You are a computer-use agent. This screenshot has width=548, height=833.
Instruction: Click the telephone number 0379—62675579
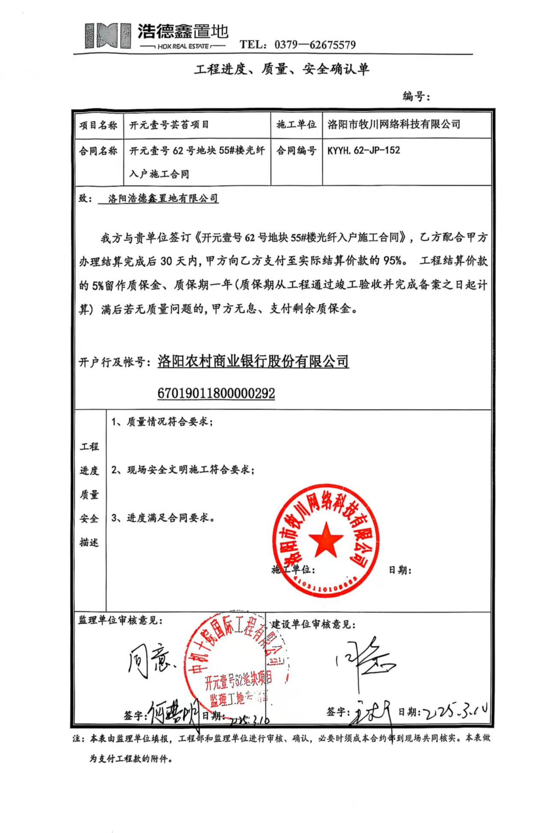(x=315, y=45)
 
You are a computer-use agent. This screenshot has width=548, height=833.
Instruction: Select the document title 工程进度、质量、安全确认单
(x=281, y=69)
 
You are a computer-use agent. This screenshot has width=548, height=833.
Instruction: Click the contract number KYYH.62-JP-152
(x=363, y=150)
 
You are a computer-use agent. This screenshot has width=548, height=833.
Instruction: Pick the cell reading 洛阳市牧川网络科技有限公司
(x=393, y=125)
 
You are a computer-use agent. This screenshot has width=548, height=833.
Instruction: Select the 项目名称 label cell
(x=98, y=125)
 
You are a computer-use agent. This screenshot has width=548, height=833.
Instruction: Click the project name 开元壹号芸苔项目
(x=169, y=125)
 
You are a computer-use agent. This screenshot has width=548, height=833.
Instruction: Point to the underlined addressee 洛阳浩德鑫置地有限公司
(x=163, y=199)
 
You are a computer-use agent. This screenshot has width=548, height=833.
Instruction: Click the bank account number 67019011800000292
(x=216, y=393)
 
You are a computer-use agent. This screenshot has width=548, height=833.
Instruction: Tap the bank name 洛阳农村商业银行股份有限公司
(x=253, y=361)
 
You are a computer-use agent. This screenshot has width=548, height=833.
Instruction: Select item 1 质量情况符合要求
(x=162, y=422)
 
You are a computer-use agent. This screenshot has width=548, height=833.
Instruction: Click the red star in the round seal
(x=325, y=540)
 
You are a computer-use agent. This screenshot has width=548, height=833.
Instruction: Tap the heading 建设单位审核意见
(x=313, y=624)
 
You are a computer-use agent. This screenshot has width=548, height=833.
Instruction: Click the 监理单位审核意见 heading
(x=120, y=621)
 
